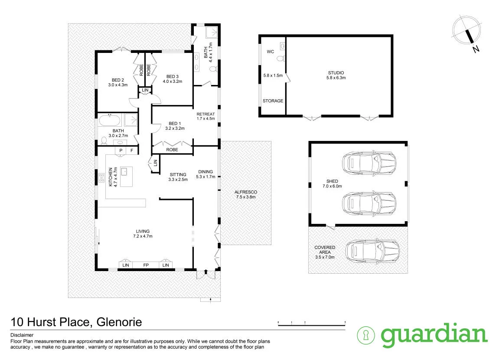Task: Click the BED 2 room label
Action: (x=118, y=80)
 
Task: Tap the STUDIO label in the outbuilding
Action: (x=336, y=73)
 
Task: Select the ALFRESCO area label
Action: (x=246, y=192)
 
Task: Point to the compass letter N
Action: (x=476, y=49)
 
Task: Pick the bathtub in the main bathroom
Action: (x=110, y=121)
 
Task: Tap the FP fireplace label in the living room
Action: (x=146, y=265)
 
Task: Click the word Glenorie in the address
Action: (x=119, y=322)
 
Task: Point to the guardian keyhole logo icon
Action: (x=366, y=335)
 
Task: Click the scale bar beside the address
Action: (x=312, y=325)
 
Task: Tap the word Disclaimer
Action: (x=22, y=335)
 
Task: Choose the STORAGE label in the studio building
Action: (x=273, y=101)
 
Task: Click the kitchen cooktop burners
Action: (x=101, y=178)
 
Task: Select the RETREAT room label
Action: (x=205, y=114)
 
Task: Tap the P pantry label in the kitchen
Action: (x=121, y=151)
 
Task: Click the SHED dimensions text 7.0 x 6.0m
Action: (x=332, y=186)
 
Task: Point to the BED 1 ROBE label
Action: (x=172, y=150)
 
